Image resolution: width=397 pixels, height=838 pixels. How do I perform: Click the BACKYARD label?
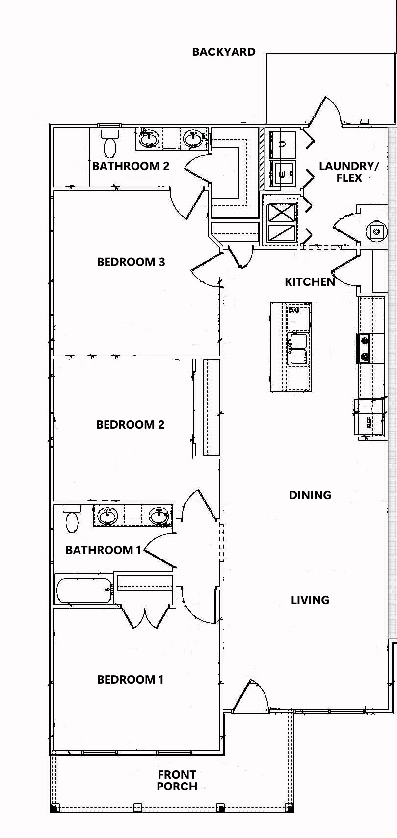click(x=223, y=52)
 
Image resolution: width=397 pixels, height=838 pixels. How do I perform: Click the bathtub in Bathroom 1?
click(x=84, y=590)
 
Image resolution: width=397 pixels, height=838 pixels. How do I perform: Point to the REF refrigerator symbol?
click(x=369, y=418)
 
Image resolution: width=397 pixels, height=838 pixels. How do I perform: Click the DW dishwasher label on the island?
click(x=293, y=311)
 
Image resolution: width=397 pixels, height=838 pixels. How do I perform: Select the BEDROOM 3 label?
click(x=131, y=262)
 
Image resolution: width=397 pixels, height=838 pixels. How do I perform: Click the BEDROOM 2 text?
click(x=130, y=424)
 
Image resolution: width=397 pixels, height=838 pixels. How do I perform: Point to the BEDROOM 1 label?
click(x=130, y=679)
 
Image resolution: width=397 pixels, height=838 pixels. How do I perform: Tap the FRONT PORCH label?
click(x=177, y=780)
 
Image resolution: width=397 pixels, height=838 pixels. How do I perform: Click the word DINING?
click(x=310, y=495)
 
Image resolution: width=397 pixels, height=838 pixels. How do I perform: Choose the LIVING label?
click(x=310, y=600)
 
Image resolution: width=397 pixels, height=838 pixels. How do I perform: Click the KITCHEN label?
click(x=310, y=281)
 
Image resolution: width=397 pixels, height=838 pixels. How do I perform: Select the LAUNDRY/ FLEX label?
click(x=348, y=172)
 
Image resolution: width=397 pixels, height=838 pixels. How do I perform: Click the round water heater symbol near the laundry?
click(x=376, y=231)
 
